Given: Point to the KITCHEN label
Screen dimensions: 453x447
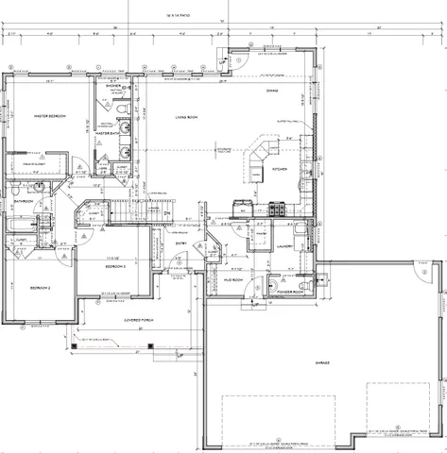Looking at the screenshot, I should pyautogui.click(x=281, y=169).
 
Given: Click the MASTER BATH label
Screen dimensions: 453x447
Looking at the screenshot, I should pyautogui.click(x=110, y=134).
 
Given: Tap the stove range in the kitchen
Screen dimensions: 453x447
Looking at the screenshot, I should pyautogui.click(x=277, y=210).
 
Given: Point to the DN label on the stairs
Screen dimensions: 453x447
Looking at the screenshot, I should pyautogui.click(x=166, y=213).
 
